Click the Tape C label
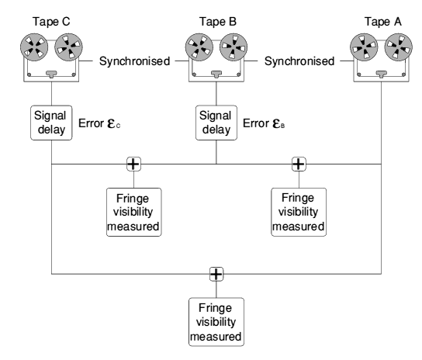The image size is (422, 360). pos(51,22)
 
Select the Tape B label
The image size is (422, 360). pos(218,22)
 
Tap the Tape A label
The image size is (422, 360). pos(383,22)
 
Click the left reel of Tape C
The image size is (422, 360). pos(34,47)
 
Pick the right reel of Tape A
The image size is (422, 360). pos(398,47)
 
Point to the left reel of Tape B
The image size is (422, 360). pos(199,47)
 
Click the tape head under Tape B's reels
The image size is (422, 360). pos(216,74)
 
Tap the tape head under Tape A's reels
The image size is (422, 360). pos(381,74)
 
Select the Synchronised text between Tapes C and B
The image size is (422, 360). pos(134,61)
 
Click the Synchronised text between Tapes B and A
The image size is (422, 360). pos(299,61)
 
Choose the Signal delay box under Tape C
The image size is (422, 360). pos(51,123)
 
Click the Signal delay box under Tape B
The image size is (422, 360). pos(216,123)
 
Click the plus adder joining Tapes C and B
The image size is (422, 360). pos(133,164)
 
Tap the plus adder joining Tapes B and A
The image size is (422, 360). pos(299,164)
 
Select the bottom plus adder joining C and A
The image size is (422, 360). pos(216,274)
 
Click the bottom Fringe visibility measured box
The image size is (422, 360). pos(216,322)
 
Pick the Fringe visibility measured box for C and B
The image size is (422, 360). pos(134,212)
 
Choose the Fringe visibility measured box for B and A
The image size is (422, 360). pos(299,212)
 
